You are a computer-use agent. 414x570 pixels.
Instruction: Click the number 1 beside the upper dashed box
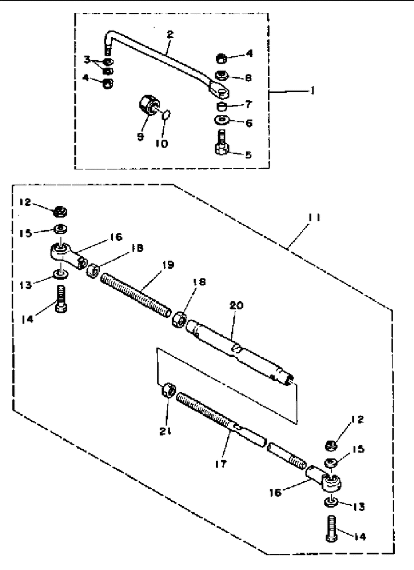(312, 90)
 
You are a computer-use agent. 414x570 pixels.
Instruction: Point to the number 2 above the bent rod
(170, 34)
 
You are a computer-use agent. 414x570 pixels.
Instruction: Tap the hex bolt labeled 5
(222, 142)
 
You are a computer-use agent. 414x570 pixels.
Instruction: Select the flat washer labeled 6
(222, 120)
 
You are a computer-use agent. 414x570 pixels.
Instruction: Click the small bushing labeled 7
(221, 107)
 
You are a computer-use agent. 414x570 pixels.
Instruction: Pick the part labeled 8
(222, 75)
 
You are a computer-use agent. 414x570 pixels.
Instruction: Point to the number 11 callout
(314, 218)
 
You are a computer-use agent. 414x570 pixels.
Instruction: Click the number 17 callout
(220, 464)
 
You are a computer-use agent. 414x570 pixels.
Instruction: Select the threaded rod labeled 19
(136, 295)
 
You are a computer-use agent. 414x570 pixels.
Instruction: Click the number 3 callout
(87, 60)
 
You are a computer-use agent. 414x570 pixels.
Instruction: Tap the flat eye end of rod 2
(219, 90)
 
